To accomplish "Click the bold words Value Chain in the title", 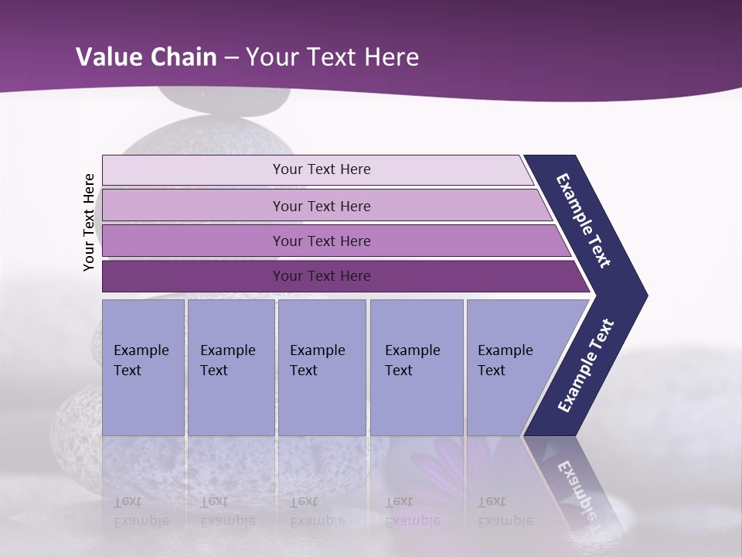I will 146,57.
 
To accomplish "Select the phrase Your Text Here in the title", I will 332,57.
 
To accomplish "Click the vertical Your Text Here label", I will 89,222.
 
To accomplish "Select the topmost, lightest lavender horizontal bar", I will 317,169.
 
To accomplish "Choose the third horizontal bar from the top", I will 332,241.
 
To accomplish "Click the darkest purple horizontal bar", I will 340,276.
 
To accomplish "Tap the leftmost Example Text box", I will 143,367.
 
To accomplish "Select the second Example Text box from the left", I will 230,367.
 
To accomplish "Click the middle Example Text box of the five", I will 322,367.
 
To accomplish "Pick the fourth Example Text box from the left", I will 417,367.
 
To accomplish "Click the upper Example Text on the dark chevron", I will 584,220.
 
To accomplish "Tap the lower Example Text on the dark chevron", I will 586,366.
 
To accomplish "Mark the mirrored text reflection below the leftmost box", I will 141,511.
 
